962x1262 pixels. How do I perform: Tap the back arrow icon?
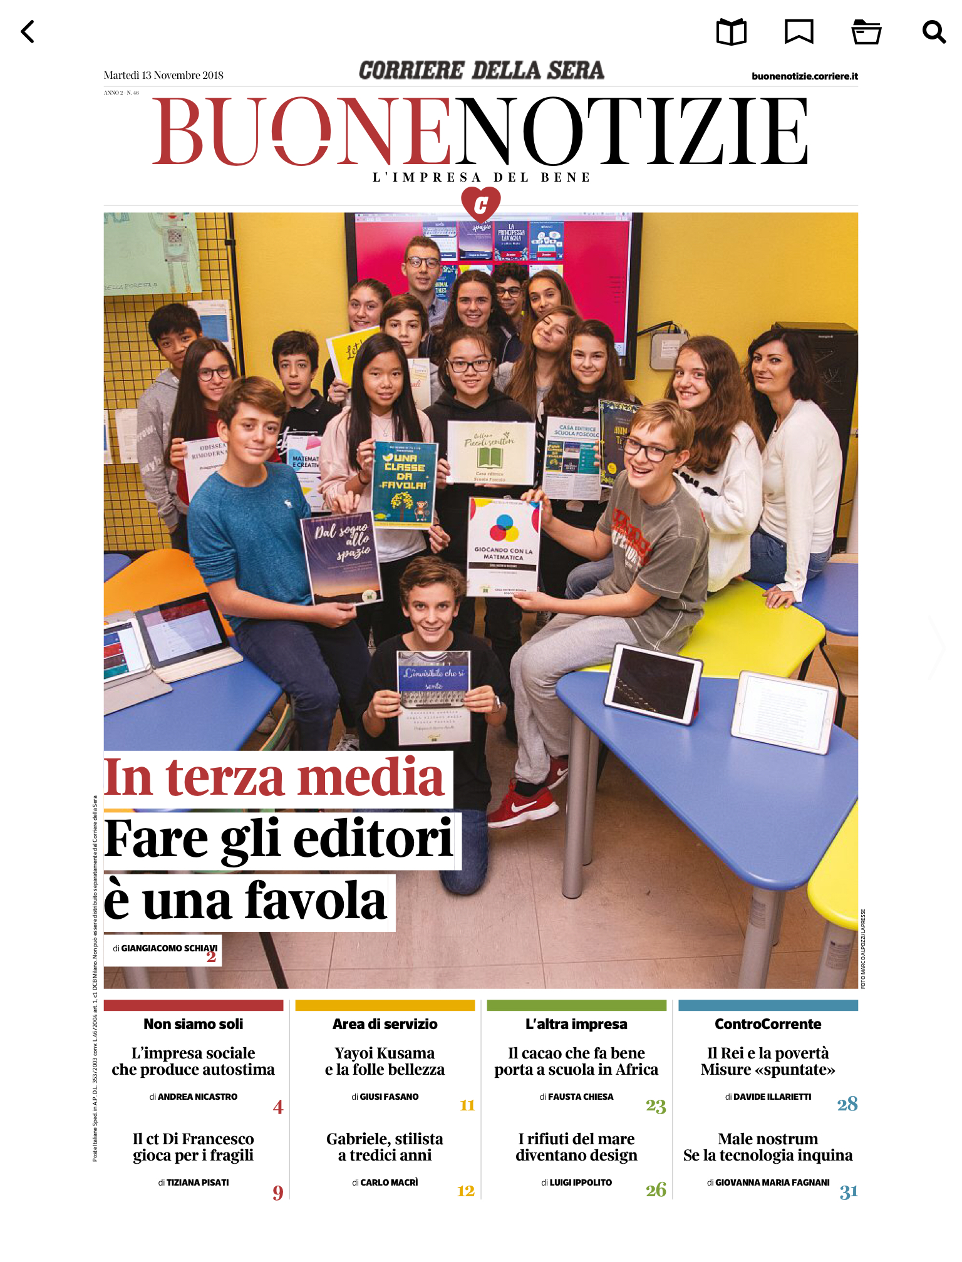tap(28, 31)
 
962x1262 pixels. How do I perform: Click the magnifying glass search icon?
tap(933, 31)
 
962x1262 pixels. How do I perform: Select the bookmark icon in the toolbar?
tap(799, 31)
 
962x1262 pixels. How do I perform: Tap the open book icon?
tap(731, 32)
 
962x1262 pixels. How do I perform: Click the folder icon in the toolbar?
tap(866, 32)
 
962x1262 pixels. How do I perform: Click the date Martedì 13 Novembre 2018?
tap(163, 75)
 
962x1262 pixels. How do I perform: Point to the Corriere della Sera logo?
tap(481, 70)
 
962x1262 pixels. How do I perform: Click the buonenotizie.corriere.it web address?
tap(804, 76)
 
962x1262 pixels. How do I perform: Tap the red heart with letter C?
tap(480, 204)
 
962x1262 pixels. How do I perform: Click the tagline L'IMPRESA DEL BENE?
tap(481, 177)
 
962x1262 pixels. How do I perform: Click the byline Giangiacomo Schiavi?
tap(165, 948)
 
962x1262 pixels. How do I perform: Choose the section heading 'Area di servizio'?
tap(385, 1024)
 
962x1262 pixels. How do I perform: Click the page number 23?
tap(656, 1106)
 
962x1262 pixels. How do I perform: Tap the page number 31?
tap(848, 1191)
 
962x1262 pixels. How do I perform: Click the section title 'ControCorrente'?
tap(768, 1024)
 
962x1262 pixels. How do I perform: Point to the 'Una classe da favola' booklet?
tap(404, 482)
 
